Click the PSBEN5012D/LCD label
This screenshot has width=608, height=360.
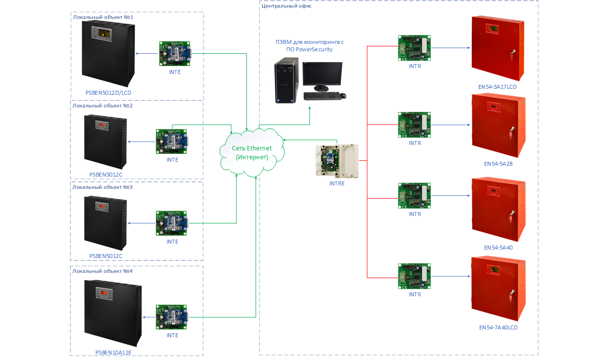[x=108, y=92]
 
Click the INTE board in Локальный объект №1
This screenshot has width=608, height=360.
[x=175, y=53]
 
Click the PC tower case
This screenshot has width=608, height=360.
[x=287, y=80]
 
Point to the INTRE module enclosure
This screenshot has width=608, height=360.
[x=337, y=161]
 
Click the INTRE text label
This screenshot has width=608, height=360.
[x=337, y=183]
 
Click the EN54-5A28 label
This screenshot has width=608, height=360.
[x=498, y=163]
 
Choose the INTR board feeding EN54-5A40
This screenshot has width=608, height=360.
[x=415, y=196]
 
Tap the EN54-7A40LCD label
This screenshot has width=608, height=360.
[x=498, y=327]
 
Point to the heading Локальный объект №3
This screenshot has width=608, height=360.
[x=103, y=187]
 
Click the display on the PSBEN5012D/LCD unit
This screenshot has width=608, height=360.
[x=104, y=33]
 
